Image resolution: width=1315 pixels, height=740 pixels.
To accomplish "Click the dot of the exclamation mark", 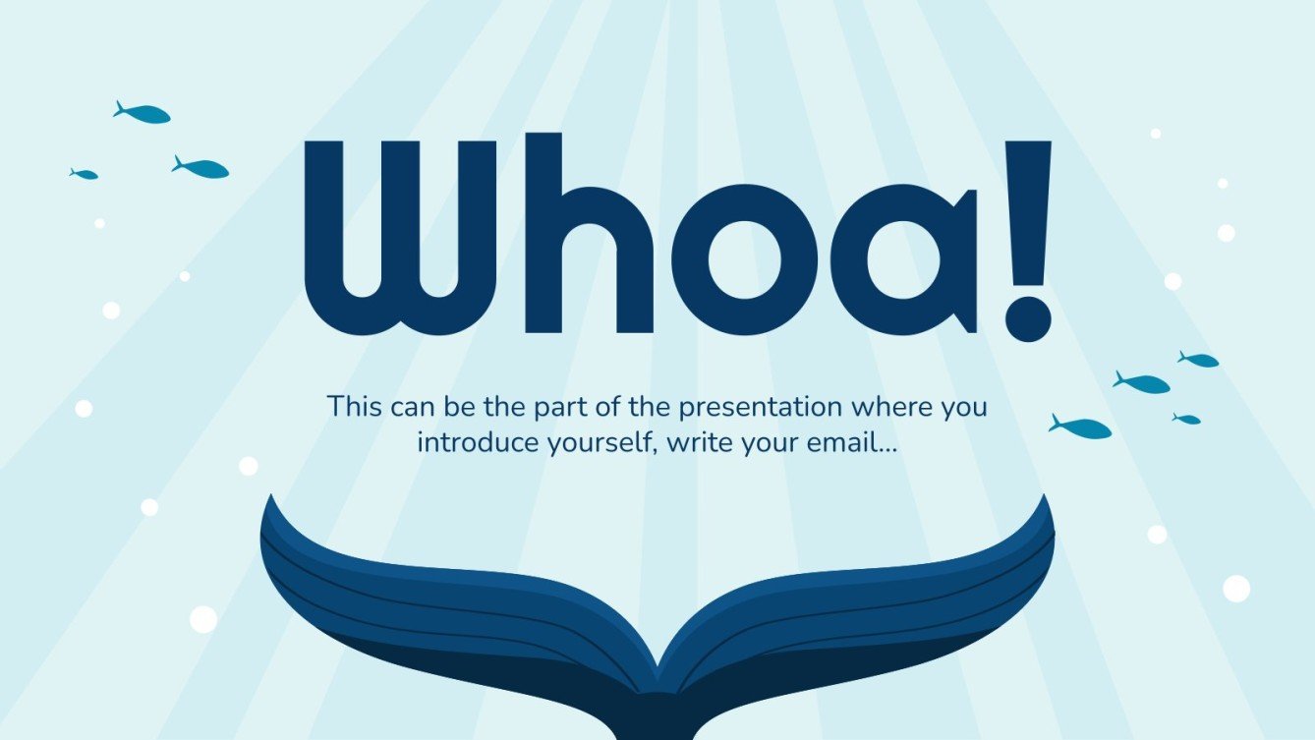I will [x=1027, y=316].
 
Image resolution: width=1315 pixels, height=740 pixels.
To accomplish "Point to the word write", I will [x=700, y=442].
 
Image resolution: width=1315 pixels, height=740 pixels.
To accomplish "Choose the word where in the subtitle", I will [x=886, y=406].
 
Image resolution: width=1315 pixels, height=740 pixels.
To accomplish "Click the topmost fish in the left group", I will [x=143, y=114].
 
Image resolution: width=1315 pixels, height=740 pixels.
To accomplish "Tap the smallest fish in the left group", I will [x=85, y=174].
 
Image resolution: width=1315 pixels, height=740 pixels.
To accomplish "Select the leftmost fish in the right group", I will [x=1080, y=427].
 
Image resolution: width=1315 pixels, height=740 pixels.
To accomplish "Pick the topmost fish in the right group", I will [x=1199, y=360].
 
